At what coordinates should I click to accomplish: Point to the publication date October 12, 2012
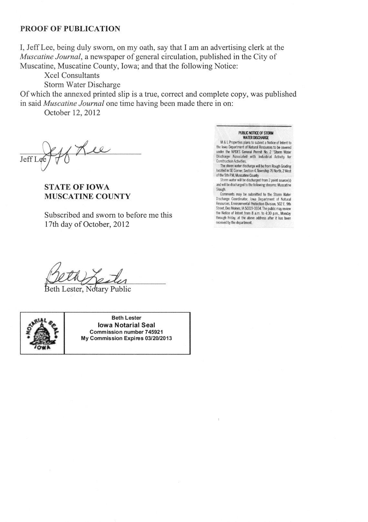coord(72,113)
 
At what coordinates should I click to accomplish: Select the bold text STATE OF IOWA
coord(77,187)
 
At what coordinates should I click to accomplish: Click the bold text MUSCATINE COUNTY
coord(87,196)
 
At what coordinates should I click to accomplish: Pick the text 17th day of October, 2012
coord(87,224)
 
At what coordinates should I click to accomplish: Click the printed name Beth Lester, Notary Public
coord(87,289)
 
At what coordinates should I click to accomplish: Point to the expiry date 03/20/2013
coord(159,338)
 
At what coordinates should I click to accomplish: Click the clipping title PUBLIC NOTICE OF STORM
coord(256,133)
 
